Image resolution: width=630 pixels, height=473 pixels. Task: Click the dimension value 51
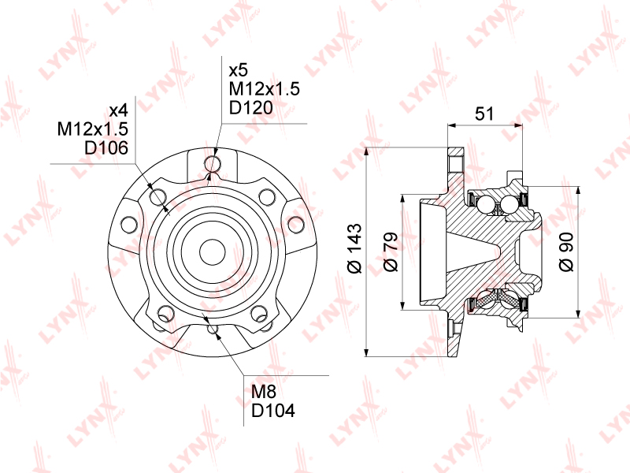(484, 114)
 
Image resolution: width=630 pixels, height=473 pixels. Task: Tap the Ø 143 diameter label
(355, 248)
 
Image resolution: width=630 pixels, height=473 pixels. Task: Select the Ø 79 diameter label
(391, 251)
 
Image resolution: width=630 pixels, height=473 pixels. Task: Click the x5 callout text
(239, 70)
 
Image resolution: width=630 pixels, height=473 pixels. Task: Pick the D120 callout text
(250, 107)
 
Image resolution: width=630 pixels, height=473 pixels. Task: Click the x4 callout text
(119, 110)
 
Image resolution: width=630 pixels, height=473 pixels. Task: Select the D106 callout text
(106, 147)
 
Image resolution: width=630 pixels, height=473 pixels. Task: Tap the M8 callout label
(264, 392)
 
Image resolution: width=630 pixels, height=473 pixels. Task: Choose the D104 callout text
(273, 410)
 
